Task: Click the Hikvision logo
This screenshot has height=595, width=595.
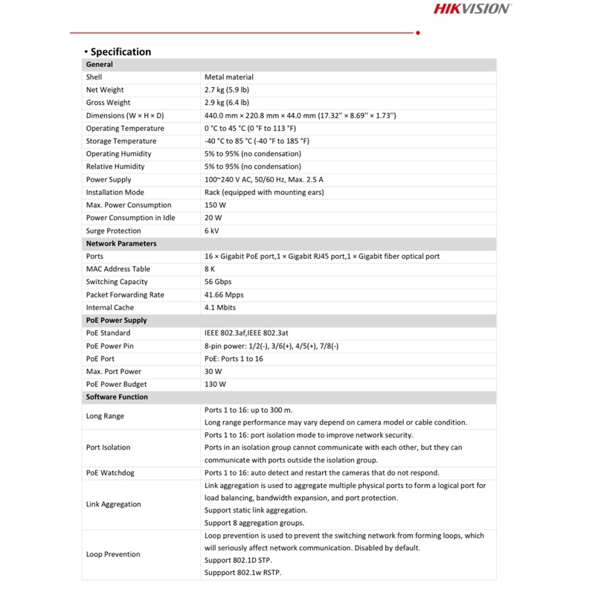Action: (472, 9)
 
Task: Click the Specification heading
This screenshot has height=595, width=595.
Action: (120, 52)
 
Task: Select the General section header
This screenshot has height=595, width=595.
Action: (100, 65)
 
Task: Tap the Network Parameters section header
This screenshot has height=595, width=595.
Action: (121, 243)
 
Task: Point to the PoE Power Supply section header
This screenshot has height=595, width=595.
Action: (116, 320)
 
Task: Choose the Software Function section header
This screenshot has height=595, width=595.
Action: (117, 396)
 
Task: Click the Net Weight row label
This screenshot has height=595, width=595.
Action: (105, 90)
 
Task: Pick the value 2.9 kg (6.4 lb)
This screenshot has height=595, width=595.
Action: (227, 103)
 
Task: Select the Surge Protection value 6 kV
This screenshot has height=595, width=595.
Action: (212, 231)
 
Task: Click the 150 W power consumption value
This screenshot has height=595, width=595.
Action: (215, 205)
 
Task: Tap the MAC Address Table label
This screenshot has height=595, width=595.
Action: (118, 269)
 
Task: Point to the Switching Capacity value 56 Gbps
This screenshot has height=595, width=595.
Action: (218, 282)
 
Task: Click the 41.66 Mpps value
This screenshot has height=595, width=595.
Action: (224, 295)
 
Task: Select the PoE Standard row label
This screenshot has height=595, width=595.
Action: (108, 333)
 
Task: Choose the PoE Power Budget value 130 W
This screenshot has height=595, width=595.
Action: (215, 384)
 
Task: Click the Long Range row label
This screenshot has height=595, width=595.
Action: (105, 416)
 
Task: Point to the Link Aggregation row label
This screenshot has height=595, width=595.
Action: (113, 504)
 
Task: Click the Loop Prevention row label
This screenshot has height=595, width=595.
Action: (113, 554)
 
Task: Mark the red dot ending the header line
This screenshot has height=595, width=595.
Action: (418, 33)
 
